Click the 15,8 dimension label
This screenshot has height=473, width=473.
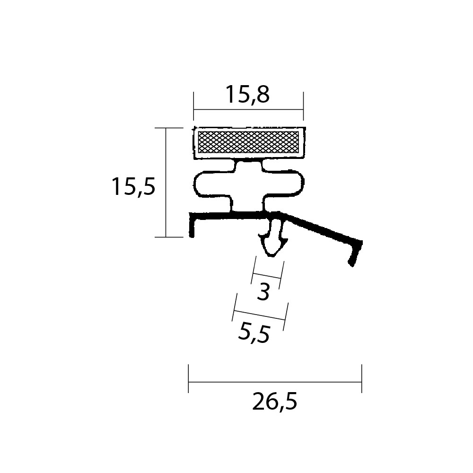[247, 94]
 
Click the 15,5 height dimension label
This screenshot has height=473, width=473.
[133, 187]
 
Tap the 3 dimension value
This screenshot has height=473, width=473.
[263, 292]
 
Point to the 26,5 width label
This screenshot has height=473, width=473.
[274, 402]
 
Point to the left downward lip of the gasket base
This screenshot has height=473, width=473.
[192, 225]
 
